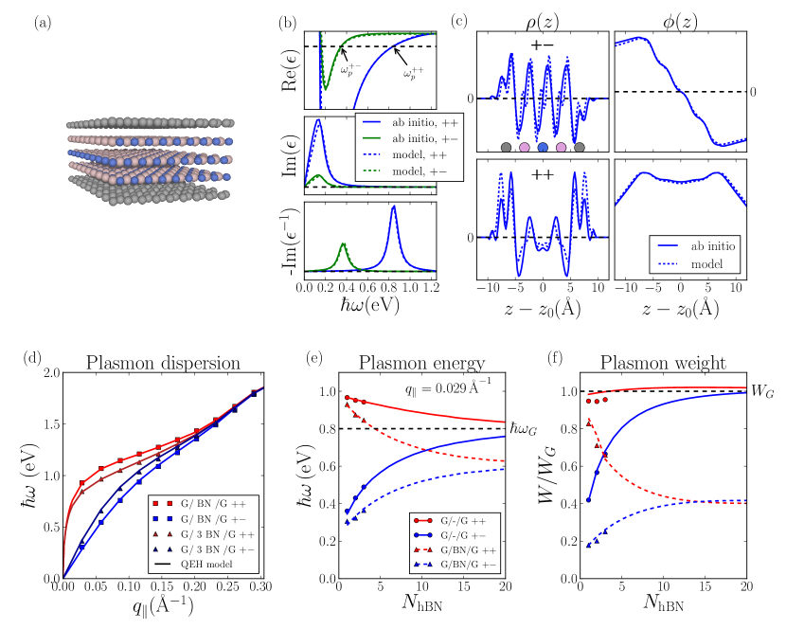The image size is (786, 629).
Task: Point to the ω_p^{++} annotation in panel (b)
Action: pyautogui.click(x=414, y=72)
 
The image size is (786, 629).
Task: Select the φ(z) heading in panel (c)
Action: pyautogui.click(x=677, y=17)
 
